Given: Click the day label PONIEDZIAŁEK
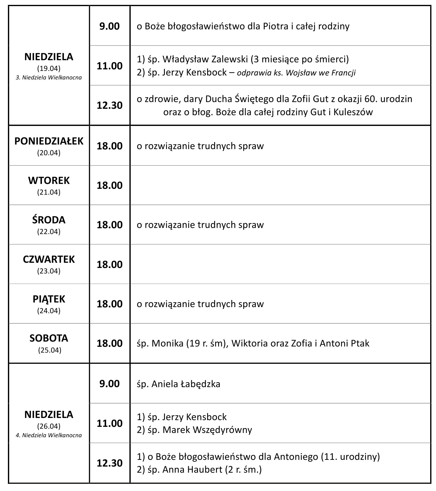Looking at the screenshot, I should coord(49,141).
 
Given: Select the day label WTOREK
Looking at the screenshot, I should coord(49,181).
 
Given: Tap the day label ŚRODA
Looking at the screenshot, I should coord(49,220).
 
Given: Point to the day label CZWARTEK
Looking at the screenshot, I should coord(49,259).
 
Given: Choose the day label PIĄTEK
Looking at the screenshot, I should coord(49,299).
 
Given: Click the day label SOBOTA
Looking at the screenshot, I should coord(49,338).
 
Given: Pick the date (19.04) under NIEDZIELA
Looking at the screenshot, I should coord(49,68).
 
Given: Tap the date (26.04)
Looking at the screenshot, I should coord(49,426).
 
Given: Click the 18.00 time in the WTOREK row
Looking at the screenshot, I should coord(110,185).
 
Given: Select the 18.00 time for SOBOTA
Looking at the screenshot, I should coord(110,343).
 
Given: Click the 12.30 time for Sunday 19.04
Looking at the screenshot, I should coord(110,105).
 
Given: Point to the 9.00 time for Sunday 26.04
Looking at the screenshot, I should coord(110,384).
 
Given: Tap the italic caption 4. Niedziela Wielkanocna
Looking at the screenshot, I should coord(49,435).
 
